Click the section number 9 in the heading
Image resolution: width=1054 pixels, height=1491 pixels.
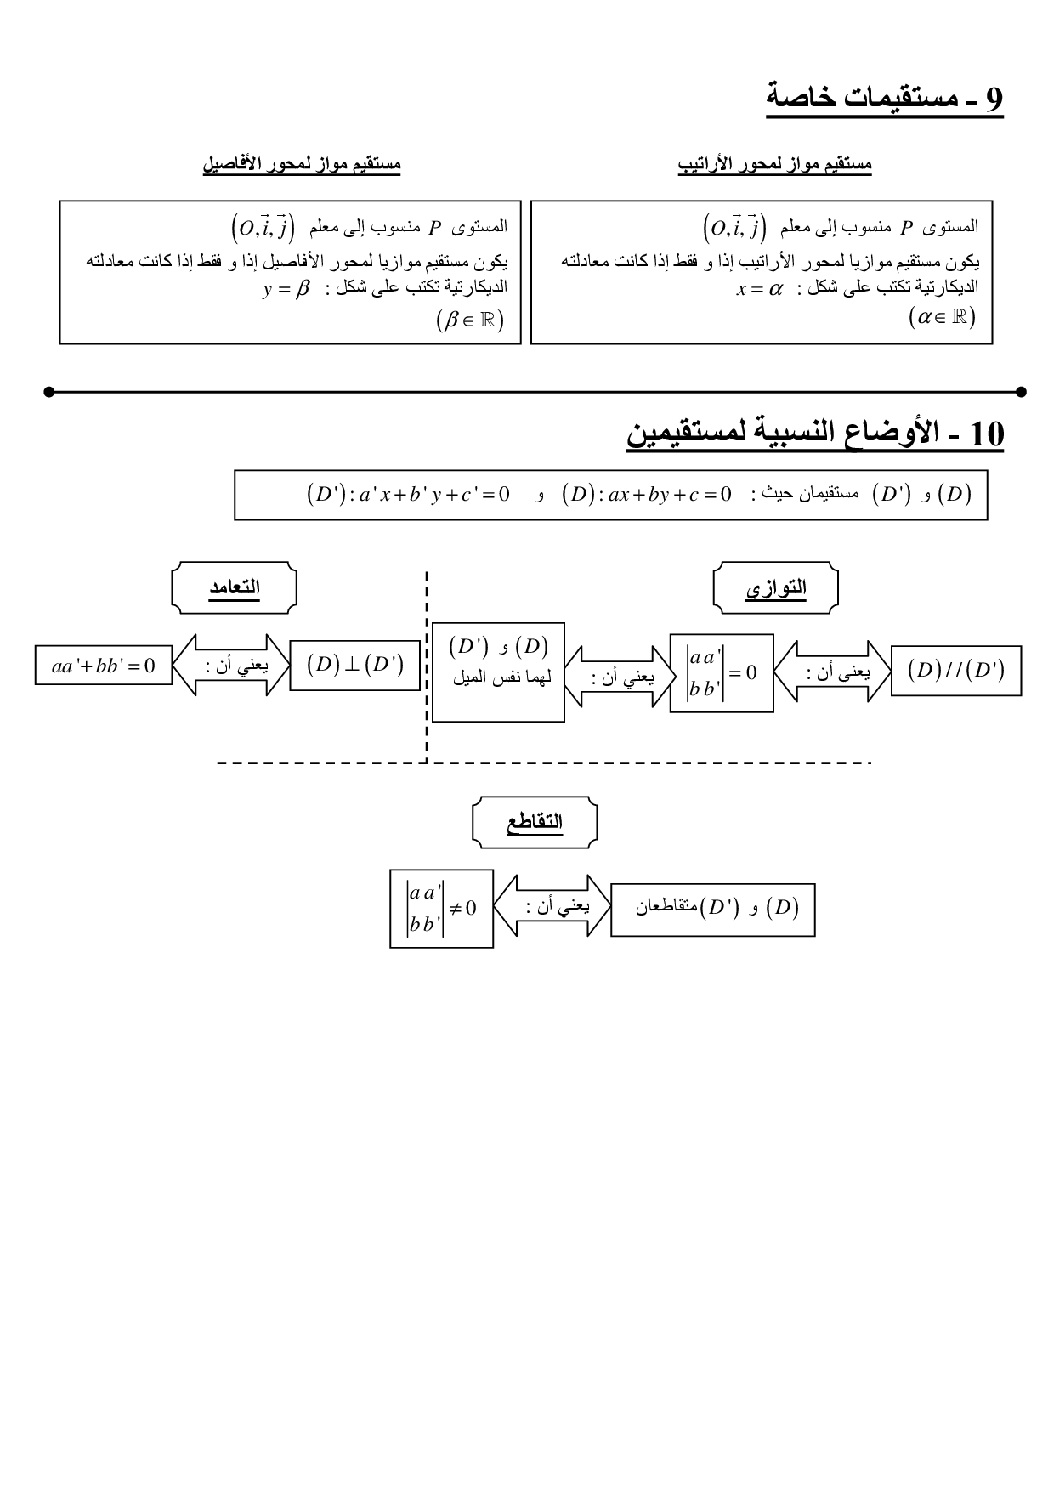(994, 99)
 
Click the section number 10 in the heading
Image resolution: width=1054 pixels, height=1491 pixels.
(985, 434)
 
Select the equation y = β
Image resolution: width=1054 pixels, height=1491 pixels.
(287, 289)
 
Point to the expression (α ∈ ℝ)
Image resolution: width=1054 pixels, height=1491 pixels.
(941, 318)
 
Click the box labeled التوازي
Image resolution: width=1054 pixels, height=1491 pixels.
(775, 587)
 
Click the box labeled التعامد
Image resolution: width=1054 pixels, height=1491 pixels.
(235, 587)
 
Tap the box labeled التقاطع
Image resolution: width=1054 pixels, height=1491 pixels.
(535, 822)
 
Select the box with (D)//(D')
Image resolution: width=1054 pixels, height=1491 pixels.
(956, 671)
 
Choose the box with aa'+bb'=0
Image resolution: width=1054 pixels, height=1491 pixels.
(103, 666)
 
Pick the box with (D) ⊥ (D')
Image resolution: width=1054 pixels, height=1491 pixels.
(355, 665)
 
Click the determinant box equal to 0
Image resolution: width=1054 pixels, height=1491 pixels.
(722, 672)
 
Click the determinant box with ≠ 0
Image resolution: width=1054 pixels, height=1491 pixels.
(441, 908)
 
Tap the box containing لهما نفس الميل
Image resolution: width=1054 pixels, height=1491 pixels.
(498, 672)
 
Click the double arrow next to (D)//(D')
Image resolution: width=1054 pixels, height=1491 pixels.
(833, 672)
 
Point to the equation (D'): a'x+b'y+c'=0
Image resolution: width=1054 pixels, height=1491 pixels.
(408, 494)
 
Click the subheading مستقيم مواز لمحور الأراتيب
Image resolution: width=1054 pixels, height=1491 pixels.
(774, 165)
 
